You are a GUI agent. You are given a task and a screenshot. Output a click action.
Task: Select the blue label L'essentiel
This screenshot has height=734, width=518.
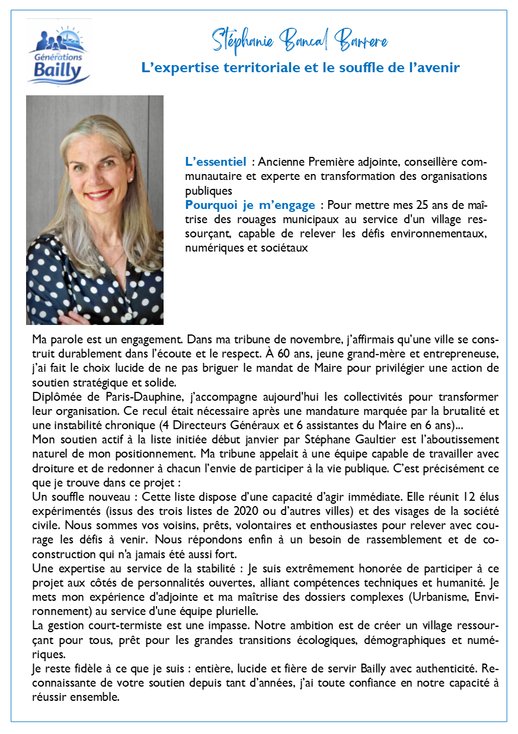click(x=215, y=161)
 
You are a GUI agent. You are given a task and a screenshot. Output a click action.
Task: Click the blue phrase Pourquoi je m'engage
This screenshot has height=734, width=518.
click(x=250, y=205)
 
